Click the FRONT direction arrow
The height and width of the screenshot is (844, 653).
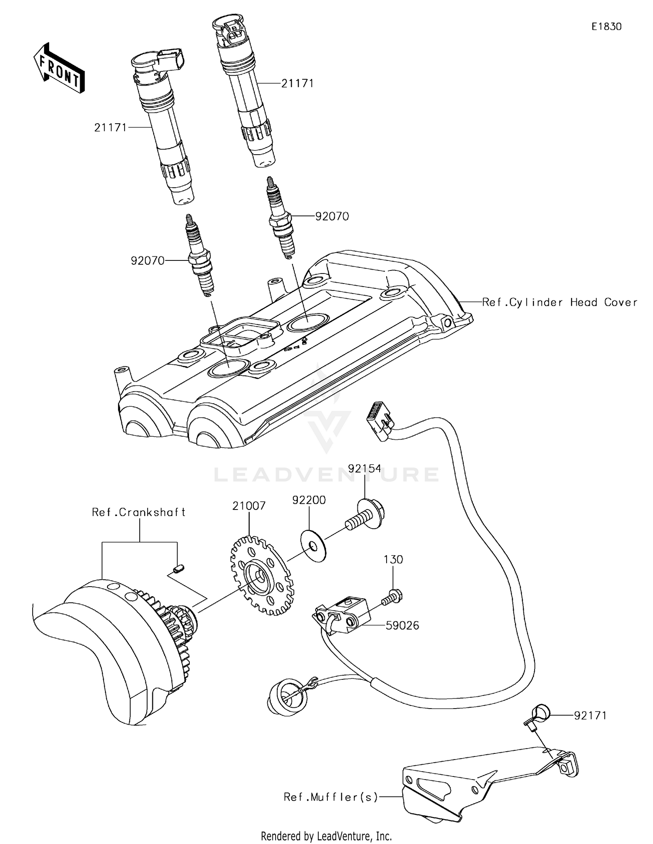click(x=59, y=68)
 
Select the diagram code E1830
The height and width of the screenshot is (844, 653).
click(x=606, y=27)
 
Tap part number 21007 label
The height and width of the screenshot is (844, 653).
click(x=249, y=506)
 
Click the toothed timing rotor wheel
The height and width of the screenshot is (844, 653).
click(x=261, y=575)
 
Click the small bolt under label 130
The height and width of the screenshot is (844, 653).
click(x=392, y=597)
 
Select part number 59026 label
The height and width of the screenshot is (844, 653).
click(x=402, y=625)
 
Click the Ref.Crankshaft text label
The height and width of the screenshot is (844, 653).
click(x=138, y=512)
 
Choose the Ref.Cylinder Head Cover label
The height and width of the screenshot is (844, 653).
click(x=559, y=302)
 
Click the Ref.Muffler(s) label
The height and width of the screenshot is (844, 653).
click(x=330, y=797)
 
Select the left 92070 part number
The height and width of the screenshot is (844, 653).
click(x=148, y=260)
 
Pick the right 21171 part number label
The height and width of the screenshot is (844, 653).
click(x=297, y=83)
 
